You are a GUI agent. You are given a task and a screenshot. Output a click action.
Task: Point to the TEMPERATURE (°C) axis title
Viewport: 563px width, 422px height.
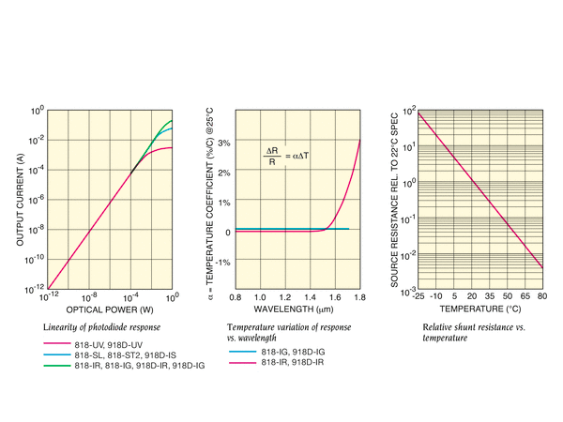479,309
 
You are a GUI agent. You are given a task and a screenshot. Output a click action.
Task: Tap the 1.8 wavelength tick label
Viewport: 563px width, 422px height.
360,296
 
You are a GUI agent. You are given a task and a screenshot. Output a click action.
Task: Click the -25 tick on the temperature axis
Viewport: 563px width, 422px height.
419,296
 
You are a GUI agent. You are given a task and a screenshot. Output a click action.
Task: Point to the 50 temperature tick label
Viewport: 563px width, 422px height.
507,296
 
